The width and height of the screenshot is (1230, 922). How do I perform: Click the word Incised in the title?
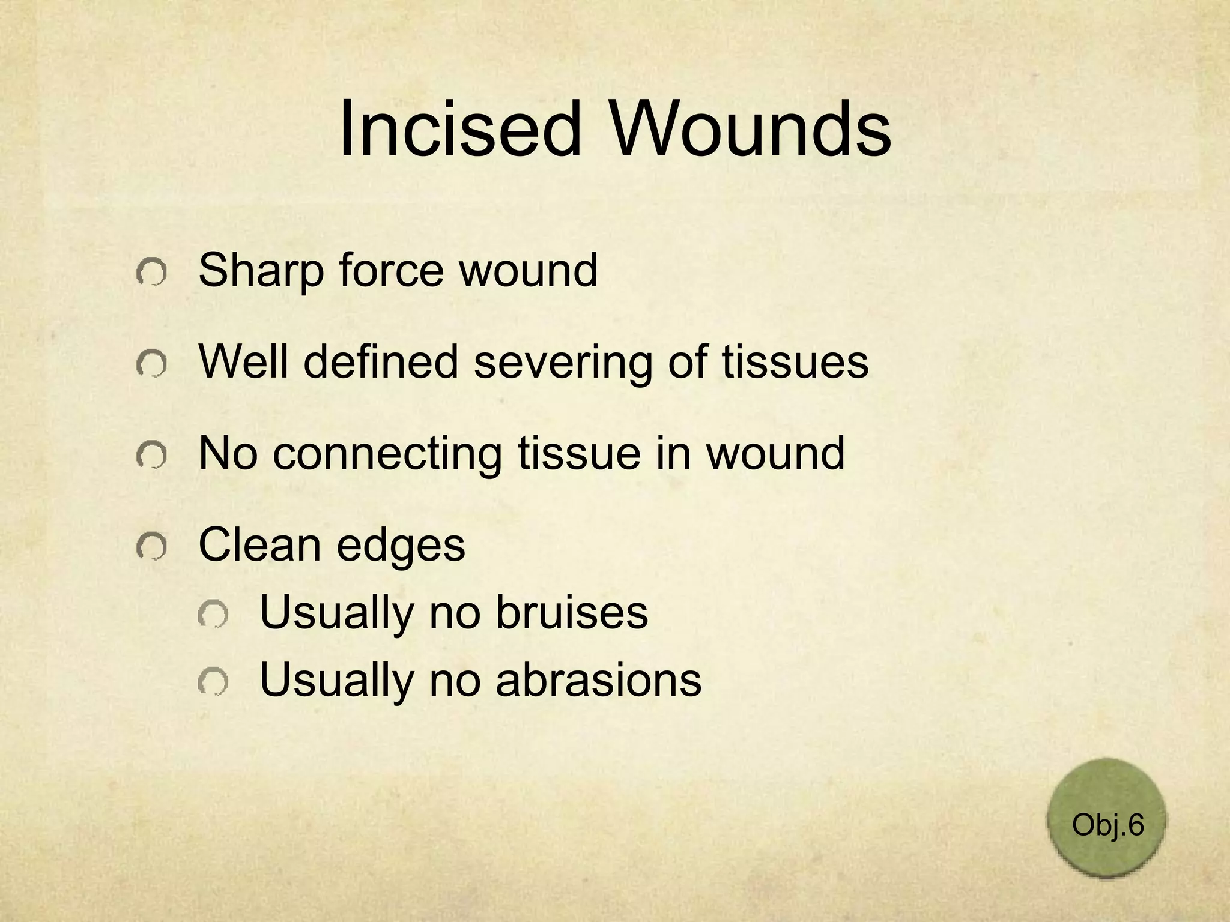(x=460, y=129)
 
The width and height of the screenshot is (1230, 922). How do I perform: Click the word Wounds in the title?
(x=750, y=129)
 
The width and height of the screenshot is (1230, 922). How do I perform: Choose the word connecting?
(x=387, y=454)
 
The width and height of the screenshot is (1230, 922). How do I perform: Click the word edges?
(x=401, y=546)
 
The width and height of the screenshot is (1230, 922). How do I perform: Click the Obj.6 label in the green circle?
(x=1107, y=825)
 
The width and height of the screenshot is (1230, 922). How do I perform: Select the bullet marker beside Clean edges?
(x=151, y=547)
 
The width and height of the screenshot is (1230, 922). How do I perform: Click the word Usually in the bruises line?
(x=337, y=613)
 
